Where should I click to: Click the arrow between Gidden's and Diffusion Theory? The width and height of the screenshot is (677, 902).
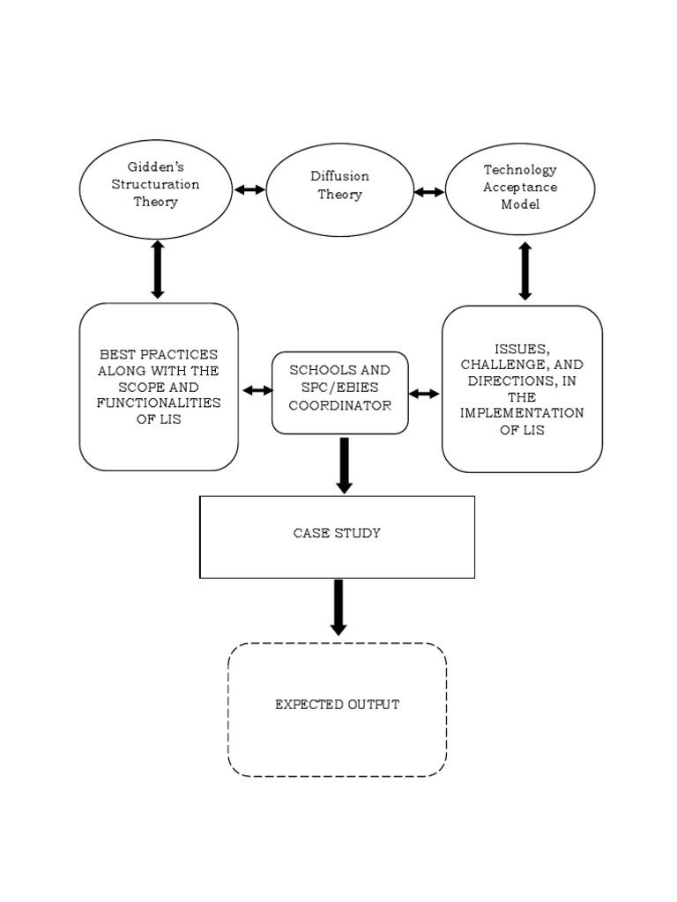[249, 189]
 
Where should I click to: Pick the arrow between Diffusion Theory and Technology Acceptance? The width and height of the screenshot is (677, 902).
[429, 191]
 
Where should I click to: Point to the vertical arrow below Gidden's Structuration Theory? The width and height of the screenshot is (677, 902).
[158, 269]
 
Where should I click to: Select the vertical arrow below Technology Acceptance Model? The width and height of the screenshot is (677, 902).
[525, 271]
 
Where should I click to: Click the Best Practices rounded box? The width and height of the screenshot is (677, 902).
[159, 386]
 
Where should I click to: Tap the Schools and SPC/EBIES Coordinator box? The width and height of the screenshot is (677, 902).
[339, 393]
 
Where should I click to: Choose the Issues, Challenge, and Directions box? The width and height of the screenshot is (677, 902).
[522, 388]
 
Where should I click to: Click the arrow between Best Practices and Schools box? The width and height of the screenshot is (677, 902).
[257, 390]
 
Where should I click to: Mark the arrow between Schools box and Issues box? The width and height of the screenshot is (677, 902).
[424, 394]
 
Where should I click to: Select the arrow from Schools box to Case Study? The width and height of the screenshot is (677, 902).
[344, 464]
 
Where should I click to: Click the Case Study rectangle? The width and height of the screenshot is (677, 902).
[337, 536]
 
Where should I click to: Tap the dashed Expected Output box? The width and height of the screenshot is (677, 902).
[337, 709]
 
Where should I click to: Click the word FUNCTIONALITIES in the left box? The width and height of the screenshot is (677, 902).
[159, 403]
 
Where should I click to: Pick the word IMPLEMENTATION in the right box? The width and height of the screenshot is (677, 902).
[522, 413]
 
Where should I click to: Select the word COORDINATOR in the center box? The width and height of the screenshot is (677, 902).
[339, 406]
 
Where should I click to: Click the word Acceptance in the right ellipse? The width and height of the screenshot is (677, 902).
[520, 187]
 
